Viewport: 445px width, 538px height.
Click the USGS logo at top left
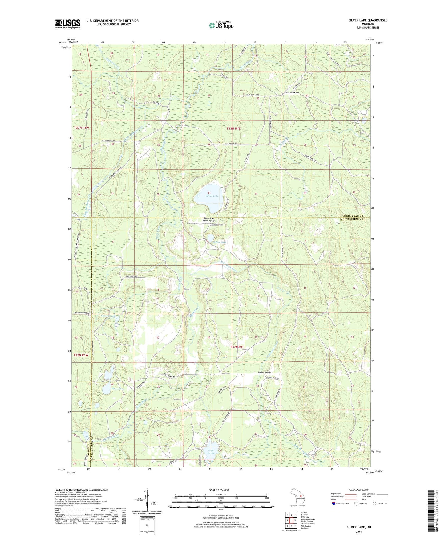(67, 24)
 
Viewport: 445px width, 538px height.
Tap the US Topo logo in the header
(221, 25)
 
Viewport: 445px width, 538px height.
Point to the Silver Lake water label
(212, 196)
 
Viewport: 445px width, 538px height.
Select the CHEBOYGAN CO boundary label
(351, 216)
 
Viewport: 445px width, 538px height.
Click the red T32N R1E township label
(237, 347)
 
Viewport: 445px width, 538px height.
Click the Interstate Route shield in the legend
(334, 504)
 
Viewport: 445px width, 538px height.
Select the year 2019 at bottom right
(359, 532)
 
